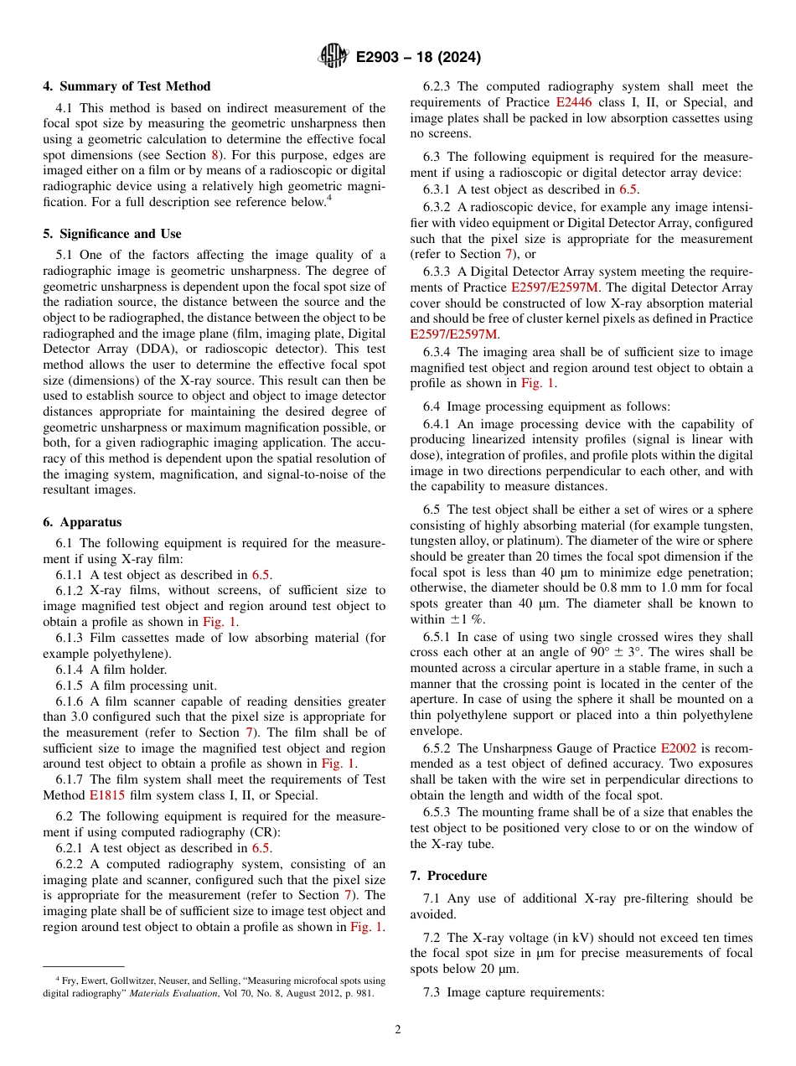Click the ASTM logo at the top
[x=333, y=57]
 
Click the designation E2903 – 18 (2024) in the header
[x=418, y=58]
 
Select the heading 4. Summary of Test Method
[x=127, y=86]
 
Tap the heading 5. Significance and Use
[x=111, y=234]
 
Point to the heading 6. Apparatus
[x=82, y=521]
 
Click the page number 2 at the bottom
[x=398, y=1030]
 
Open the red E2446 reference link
[x=573, y=102]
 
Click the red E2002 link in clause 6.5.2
[x=678, y=748]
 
